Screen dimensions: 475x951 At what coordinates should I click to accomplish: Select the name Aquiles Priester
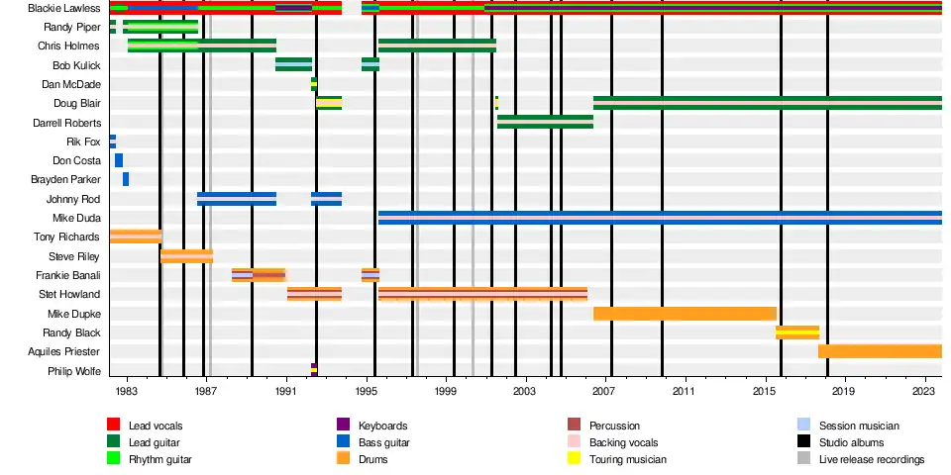click(65, 351)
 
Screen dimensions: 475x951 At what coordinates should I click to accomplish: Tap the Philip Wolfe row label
click(74, 371)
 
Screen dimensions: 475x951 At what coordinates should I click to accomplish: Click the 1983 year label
click(126, 392)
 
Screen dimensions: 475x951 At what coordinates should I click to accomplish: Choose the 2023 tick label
click(925, 392)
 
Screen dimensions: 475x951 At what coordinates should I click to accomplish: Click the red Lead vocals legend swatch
click(113, 426)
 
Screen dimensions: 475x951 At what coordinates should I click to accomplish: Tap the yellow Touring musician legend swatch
click(574, 459)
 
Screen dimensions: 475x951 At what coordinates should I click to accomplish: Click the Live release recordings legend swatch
click(803, 459)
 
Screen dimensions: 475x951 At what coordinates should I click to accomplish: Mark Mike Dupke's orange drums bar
click(685, 314)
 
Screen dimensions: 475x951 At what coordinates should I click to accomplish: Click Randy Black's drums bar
click(797, 332)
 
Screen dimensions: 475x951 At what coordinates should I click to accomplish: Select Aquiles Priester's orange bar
click(880, 351)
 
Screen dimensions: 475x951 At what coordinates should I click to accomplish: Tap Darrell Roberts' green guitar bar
click(545, 122)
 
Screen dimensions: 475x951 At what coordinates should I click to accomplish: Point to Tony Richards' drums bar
click(136, 237)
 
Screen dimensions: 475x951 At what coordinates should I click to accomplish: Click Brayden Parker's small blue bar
click(126, 179)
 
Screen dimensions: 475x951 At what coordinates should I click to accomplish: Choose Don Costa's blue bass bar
click(119, 160)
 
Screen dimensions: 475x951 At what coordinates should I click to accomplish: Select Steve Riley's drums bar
click(187, 256)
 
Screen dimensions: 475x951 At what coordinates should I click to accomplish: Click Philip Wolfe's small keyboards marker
click(314, 370)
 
